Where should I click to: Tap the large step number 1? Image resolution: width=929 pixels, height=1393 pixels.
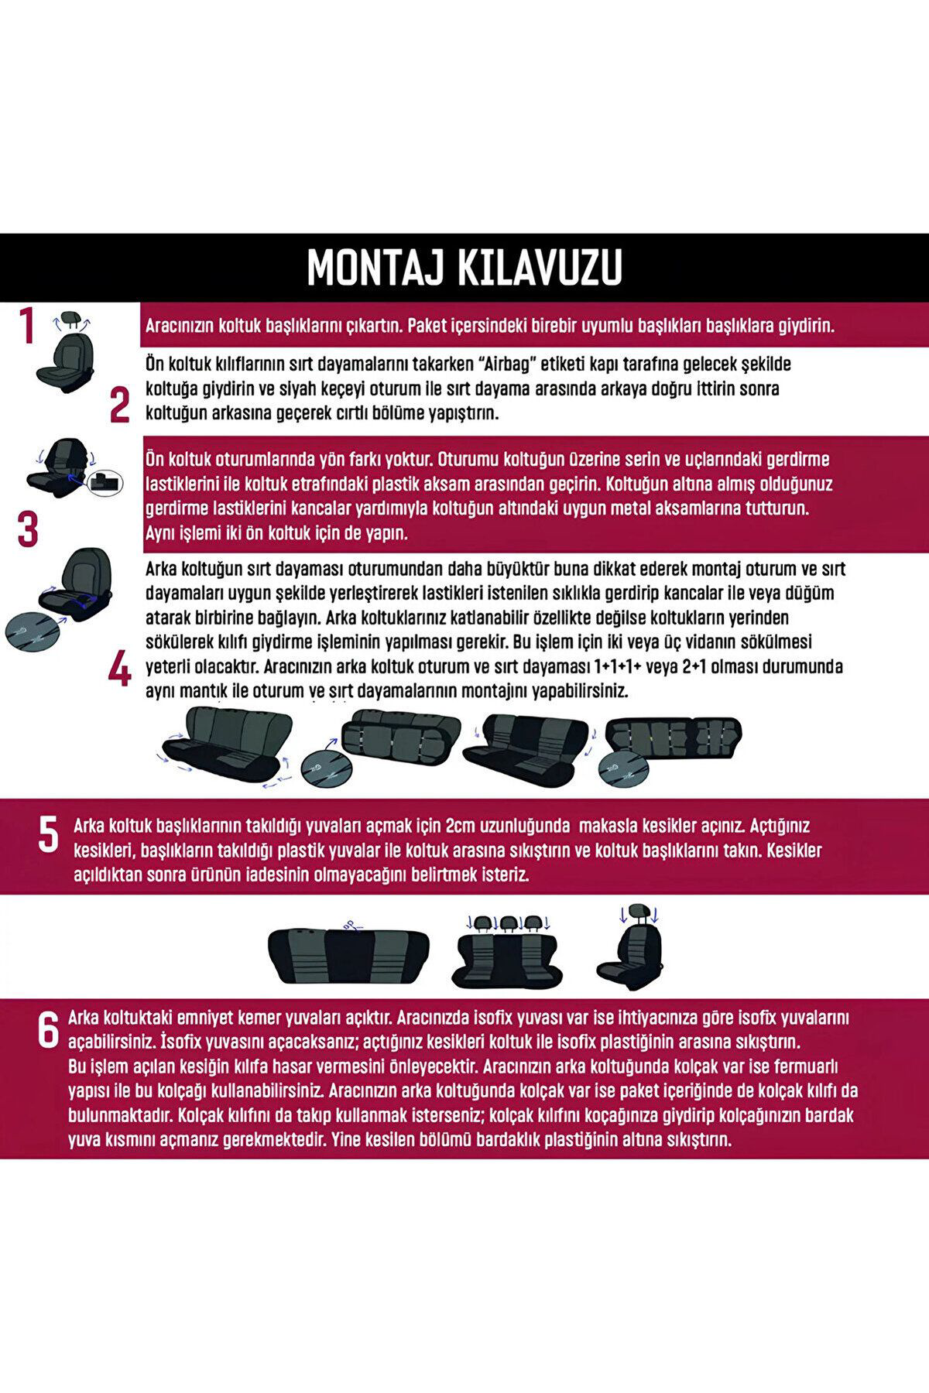27,327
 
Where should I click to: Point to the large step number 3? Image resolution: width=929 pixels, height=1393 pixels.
27,530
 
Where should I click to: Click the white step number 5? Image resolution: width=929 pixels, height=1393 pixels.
48,837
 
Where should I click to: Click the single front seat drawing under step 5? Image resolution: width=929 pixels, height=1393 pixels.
639,947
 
